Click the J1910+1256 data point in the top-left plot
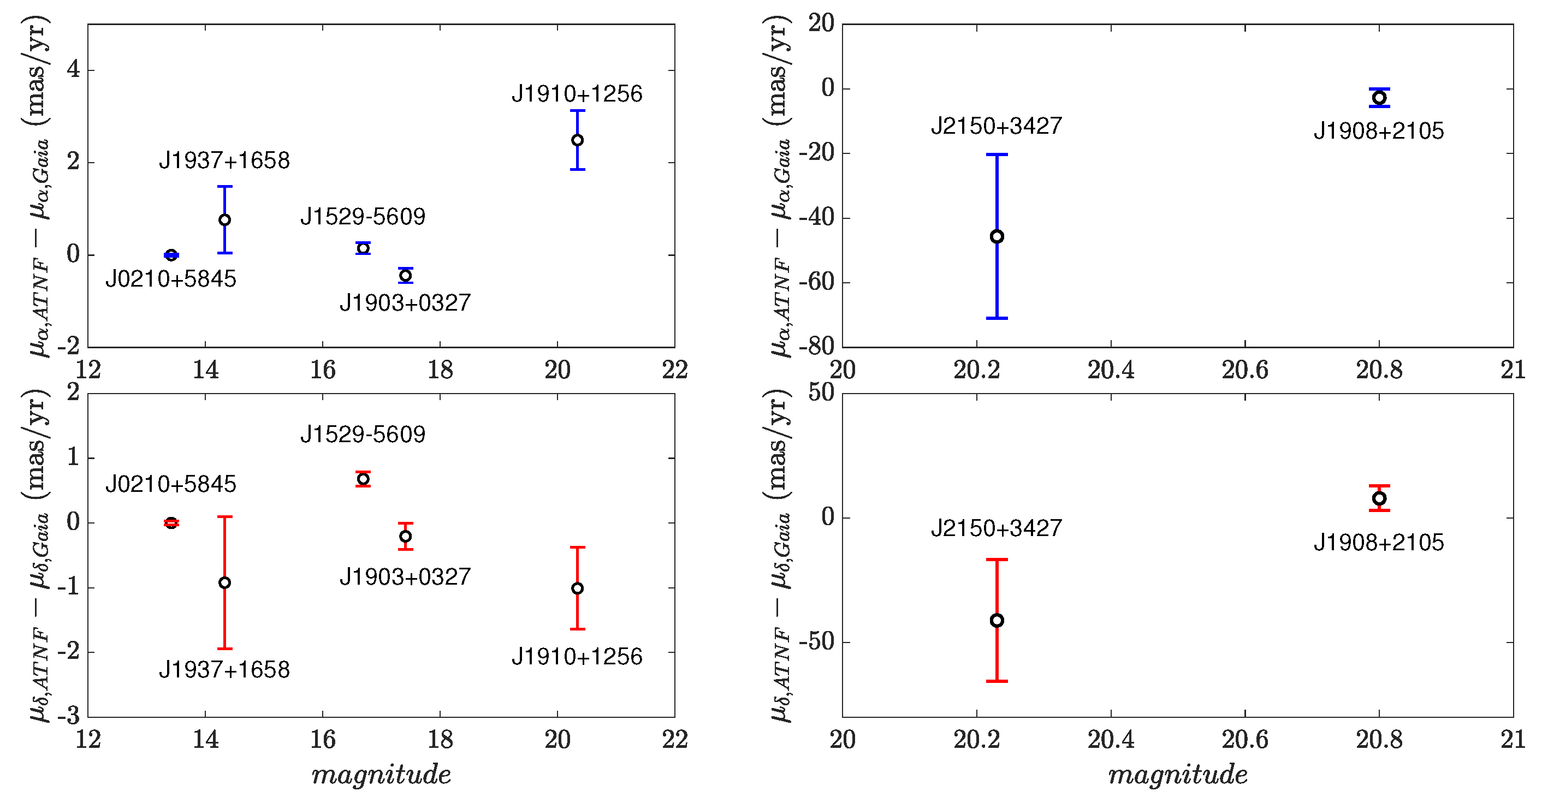click(577, 140)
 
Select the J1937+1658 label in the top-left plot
click(224, 160)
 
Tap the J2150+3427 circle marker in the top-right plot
click(997, 236)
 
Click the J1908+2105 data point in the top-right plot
click(1379, 98)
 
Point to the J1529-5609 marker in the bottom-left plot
click(363, 479)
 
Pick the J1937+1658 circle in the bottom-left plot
click(224, 582)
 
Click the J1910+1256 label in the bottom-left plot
click(577, 656)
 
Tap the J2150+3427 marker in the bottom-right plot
click(997, 621)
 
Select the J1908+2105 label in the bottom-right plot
click(1379, 542)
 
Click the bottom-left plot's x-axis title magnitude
click(381, 775)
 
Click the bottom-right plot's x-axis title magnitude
click(1177, 775)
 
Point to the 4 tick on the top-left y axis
click(73, 69)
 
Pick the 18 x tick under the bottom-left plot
click(440, 740)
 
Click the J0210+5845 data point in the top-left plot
click(171, 255)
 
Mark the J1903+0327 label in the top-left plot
click(405, 303)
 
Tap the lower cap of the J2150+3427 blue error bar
click(997, 318)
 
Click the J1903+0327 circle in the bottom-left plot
click(405, 536)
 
